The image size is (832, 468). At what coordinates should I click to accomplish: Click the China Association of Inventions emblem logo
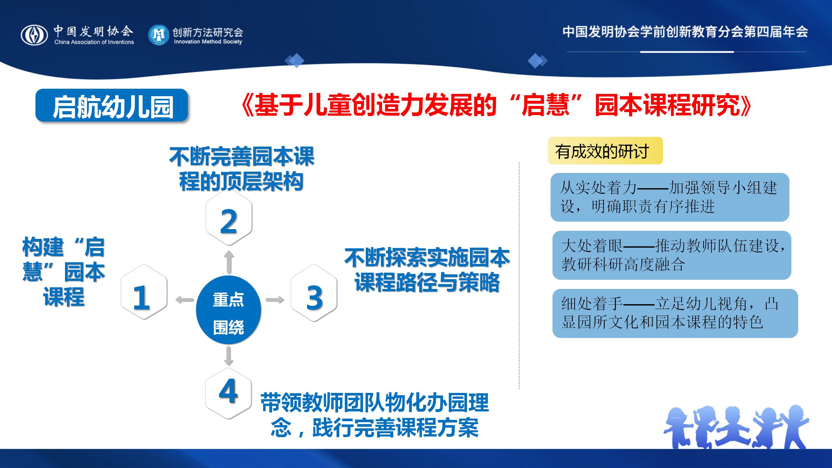[34, 35]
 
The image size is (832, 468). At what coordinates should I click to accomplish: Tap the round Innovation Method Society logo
[159, 35]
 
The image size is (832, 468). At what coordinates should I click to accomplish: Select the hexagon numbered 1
[144, 292]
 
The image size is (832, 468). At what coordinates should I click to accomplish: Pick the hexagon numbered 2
[229, 217]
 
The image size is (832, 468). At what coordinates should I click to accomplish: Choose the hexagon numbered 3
[314, 293]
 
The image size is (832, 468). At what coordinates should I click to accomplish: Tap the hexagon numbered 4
[228, 393]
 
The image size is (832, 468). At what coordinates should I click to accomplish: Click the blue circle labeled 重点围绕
[228, 309]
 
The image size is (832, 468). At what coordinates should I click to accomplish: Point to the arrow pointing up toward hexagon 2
[229, 262]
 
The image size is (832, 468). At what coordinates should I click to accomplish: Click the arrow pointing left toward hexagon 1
[185, 299]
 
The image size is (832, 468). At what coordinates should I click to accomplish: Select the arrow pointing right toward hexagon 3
[275, 299]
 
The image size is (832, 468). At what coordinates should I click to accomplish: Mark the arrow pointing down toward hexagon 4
[228, 356]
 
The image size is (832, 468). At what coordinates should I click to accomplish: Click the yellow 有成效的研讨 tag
[605, 151]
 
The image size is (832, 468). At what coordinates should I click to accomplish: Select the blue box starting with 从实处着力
[670, 197]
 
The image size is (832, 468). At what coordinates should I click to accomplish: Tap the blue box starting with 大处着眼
[672, 255]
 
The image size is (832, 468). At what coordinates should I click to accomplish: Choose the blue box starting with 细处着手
[675, 313]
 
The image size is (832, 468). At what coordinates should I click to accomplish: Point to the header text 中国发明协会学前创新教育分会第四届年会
[685, 32]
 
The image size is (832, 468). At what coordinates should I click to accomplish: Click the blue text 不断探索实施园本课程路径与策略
[427, 270]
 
